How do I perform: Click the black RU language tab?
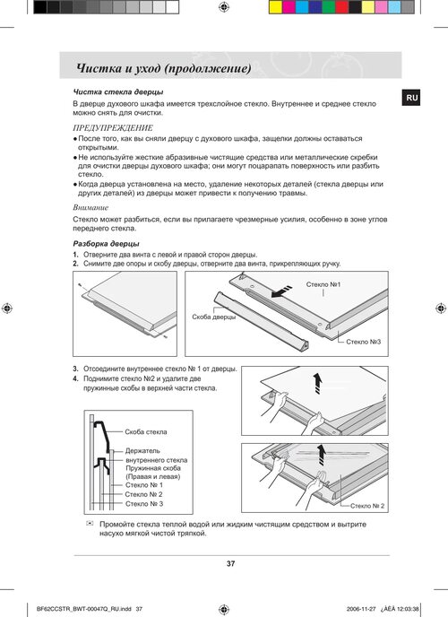[x=410, y=98]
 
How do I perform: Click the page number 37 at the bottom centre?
[x=230, y=563]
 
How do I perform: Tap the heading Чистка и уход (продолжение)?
[x=164, y=68]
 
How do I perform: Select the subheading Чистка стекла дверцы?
[x=118, y=91]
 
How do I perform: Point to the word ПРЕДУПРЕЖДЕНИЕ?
[x=113, y=128]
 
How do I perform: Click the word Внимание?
[x=90, y=207]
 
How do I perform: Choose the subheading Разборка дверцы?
[x=106, y=244]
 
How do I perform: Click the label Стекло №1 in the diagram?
[x=323, y=284]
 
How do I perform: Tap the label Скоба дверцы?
[x=214, y=317]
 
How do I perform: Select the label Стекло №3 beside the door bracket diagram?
[x=363, y=342]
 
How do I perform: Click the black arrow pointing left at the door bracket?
[x=281, y=291]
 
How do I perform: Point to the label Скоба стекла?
[x=146, y=431]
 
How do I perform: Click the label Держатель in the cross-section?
[x=142, y=450]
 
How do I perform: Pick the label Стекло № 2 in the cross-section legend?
[x=144, y=494]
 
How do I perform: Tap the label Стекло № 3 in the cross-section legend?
[x=144, y=504]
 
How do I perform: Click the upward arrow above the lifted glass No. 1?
[x=317, y=384]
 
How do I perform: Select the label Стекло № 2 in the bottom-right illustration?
[x=367, y=506]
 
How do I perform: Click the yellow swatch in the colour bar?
[x=276, y=7]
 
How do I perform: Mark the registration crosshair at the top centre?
[x=224, y=6]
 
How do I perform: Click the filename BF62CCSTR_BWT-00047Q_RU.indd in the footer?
[x=84, y=609]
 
